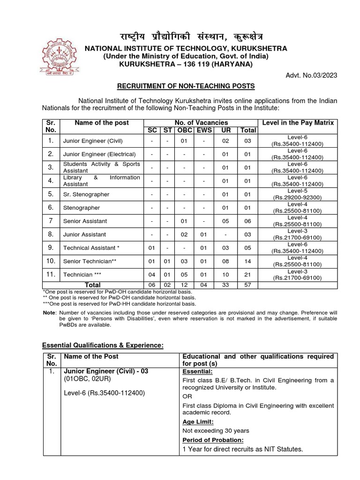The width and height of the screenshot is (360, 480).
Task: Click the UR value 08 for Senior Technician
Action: (225, 261)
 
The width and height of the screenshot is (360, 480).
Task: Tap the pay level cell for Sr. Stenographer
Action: (297, 194)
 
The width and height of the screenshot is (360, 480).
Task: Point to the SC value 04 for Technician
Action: (151, 274)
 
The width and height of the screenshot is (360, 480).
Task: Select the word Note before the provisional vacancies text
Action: (49, 313)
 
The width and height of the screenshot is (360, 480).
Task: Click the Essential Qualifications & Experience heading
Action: (103, 345)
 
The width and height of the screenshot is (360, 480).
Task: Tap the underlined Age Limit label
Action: (197, 422)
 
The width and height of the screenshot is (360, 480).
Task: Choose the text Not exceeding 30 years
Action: (216, 430)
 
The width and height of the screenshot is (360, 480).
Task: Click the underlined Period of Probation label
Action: (213, 440)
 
